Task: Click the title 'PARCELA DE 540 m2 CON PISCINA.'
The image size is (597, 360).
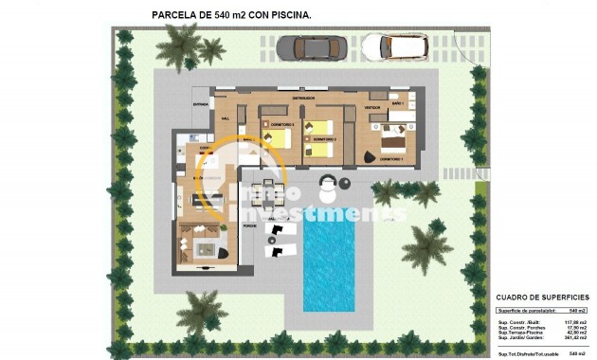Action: pos(231,15)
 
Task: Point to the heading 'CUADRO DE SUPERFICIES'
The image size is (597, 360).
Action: pos(541,297)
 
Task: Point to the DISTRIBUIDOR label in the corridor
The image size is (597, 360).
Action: pos(303,97)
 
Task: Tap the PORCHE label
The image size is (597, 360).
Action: pos(251,227)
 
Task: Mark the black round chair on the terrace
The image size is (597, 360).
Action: pos(344,184)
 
